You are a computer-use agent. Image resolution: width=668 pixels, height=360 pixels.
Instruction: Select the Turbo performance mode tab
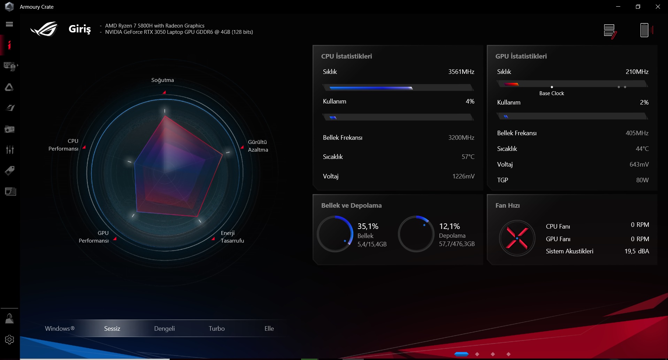coord(216,328)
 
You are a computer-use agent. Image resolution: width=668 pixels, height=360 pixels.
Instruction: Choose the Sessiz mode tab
coord(112,328)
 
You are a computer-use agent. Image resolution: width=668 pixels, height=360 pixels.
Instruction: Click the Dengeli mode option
coord(164,328)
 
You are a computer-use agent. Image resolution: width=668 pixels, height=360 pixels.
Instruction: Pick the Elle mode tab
coord(269,328)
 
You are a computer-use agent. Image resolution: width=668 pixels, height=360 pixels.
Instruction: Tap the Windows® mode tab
coord(60,328)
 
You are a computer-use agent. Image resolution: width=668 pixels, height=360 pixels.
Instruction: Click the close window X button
coord(658,7)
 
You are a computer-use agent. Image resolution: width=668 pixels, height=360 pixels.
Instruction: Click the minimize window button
coord(618,7)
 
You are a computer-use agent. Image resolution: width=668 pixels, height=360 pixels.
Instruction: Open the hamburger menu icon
coord(9,24)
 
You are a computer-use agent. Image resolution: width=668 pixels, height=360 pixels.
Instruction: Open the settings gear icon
coord(9,339)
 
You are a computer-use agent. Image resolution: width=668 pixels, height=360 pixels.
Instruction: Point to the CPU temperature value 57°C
coord(468,157)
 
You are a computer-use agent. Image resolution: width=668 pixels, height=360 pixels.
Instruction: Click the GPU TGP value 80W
coord(642,180)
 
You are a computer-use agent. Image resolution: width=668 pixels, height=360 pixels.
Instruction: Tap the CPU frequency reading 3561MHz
coord(461,72)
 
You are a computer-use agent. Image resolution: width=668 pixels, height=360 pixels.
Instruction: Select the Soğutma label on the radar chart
coord(162,80)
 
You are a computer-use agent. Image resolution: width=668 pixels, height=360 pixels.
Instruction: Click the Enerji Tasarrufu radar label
coord(232,237)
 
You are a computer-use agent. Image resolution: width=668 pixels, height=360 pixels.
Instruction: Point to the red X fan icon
coord(517,238)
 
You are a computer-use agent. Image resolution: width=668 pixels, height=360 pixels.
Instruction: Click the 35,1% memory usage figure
coord(368,226)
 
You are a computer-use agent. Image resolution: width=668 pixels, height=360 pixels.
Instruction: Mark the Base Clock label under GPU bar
coord(551,93)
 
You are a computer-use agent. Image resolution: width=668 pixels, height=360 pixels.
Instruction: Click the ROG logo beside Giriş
coord(44,29)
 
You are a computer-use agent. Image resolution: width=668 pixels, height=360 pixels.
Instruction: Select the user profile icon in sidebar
coord(9,319)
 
